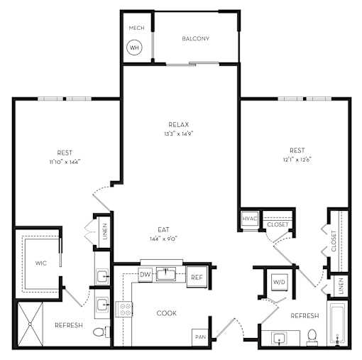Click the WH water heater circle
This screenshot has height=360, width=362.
[134, 48]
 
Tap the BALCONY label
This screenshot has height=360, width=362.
[195, 38]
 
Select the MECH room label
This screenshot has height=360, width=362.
[136, 28]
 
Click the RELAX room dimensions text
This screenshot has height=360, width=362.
[179, 133]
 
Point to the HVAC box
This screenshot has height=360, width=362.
[249, 219]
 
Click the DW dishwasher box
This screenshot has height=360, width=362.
[145, 275]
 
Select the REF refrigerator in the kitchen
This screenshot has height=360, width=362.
[197, 277]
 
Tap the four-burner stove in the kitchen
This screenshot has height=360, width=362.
[124, 310]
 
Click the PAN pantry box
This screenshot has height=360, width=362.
[200, 337]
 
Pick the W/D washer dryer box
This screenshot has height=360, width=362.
[280, 282]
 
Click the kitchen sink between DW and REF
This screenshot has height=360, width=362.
[166, 275]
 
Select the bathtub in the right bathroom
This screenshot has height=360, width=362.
[337, 324]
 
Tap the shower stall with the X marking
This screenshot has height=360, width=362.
[30, 324]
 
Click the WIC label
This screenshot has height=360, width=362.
[40, 263]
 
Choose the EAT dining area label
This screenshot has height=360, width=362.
[163, 229]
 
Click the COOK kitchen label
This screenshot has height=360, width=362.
[167, 313]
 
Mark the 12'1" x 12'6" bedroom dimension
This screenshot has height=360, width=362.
[297, 160]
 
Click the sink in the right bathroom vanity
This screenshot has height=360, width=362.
[280, 338]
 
